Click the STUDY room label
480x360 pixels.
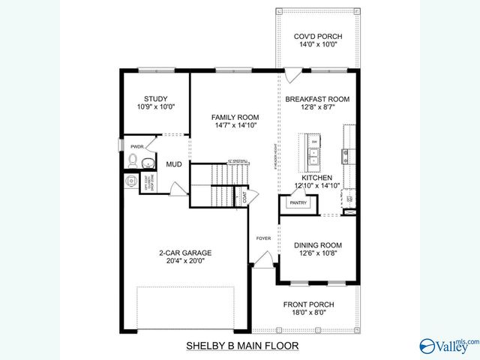click(x=156, y=98)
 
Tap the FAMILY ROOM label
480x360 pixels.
click(x=235, y=117)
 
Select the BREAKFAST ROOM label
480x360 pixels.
click(x=316, y=98)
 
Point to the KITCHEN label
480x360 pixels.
click(x=317, y=178)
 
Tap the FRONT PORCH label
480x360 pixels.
click(x=308, y=304)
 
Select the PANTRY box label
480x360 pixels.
click(x=298, y=202)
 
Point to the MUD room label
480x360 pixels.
click(x=174, y=163)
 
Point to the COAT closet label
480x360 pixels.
click(x=244, y=197)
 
